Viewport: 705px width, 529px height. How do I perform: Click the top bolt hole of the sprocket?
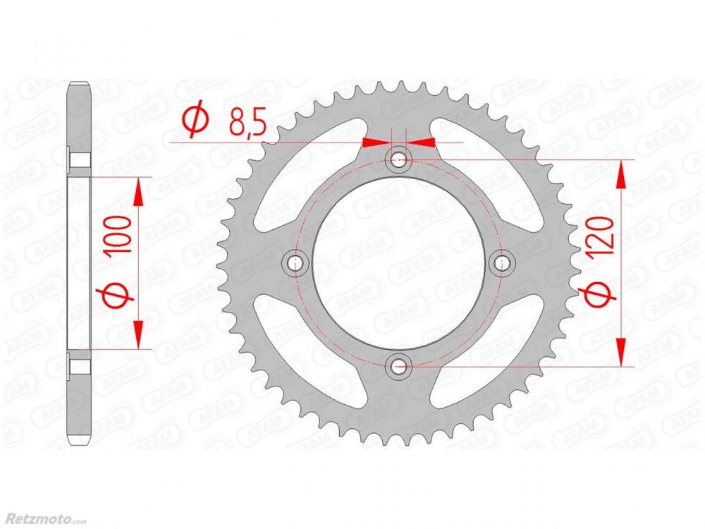pos(398,159)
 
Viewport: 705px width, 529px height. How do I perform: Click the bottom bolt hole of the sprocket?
pos(398,367)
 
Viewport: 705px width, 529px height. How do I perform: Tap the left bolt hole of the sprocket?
pos(295,262)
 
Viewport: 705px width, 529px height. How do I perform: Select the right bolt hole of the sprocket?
pos(501,262)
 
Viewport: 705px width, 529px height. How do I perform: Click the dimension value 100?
pos(117,234)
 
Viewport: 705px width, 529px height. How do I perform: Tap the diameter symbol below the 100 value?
pos(116,295)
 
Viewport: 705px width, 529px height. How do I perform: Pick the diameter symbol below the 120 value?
pos(600,294)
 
